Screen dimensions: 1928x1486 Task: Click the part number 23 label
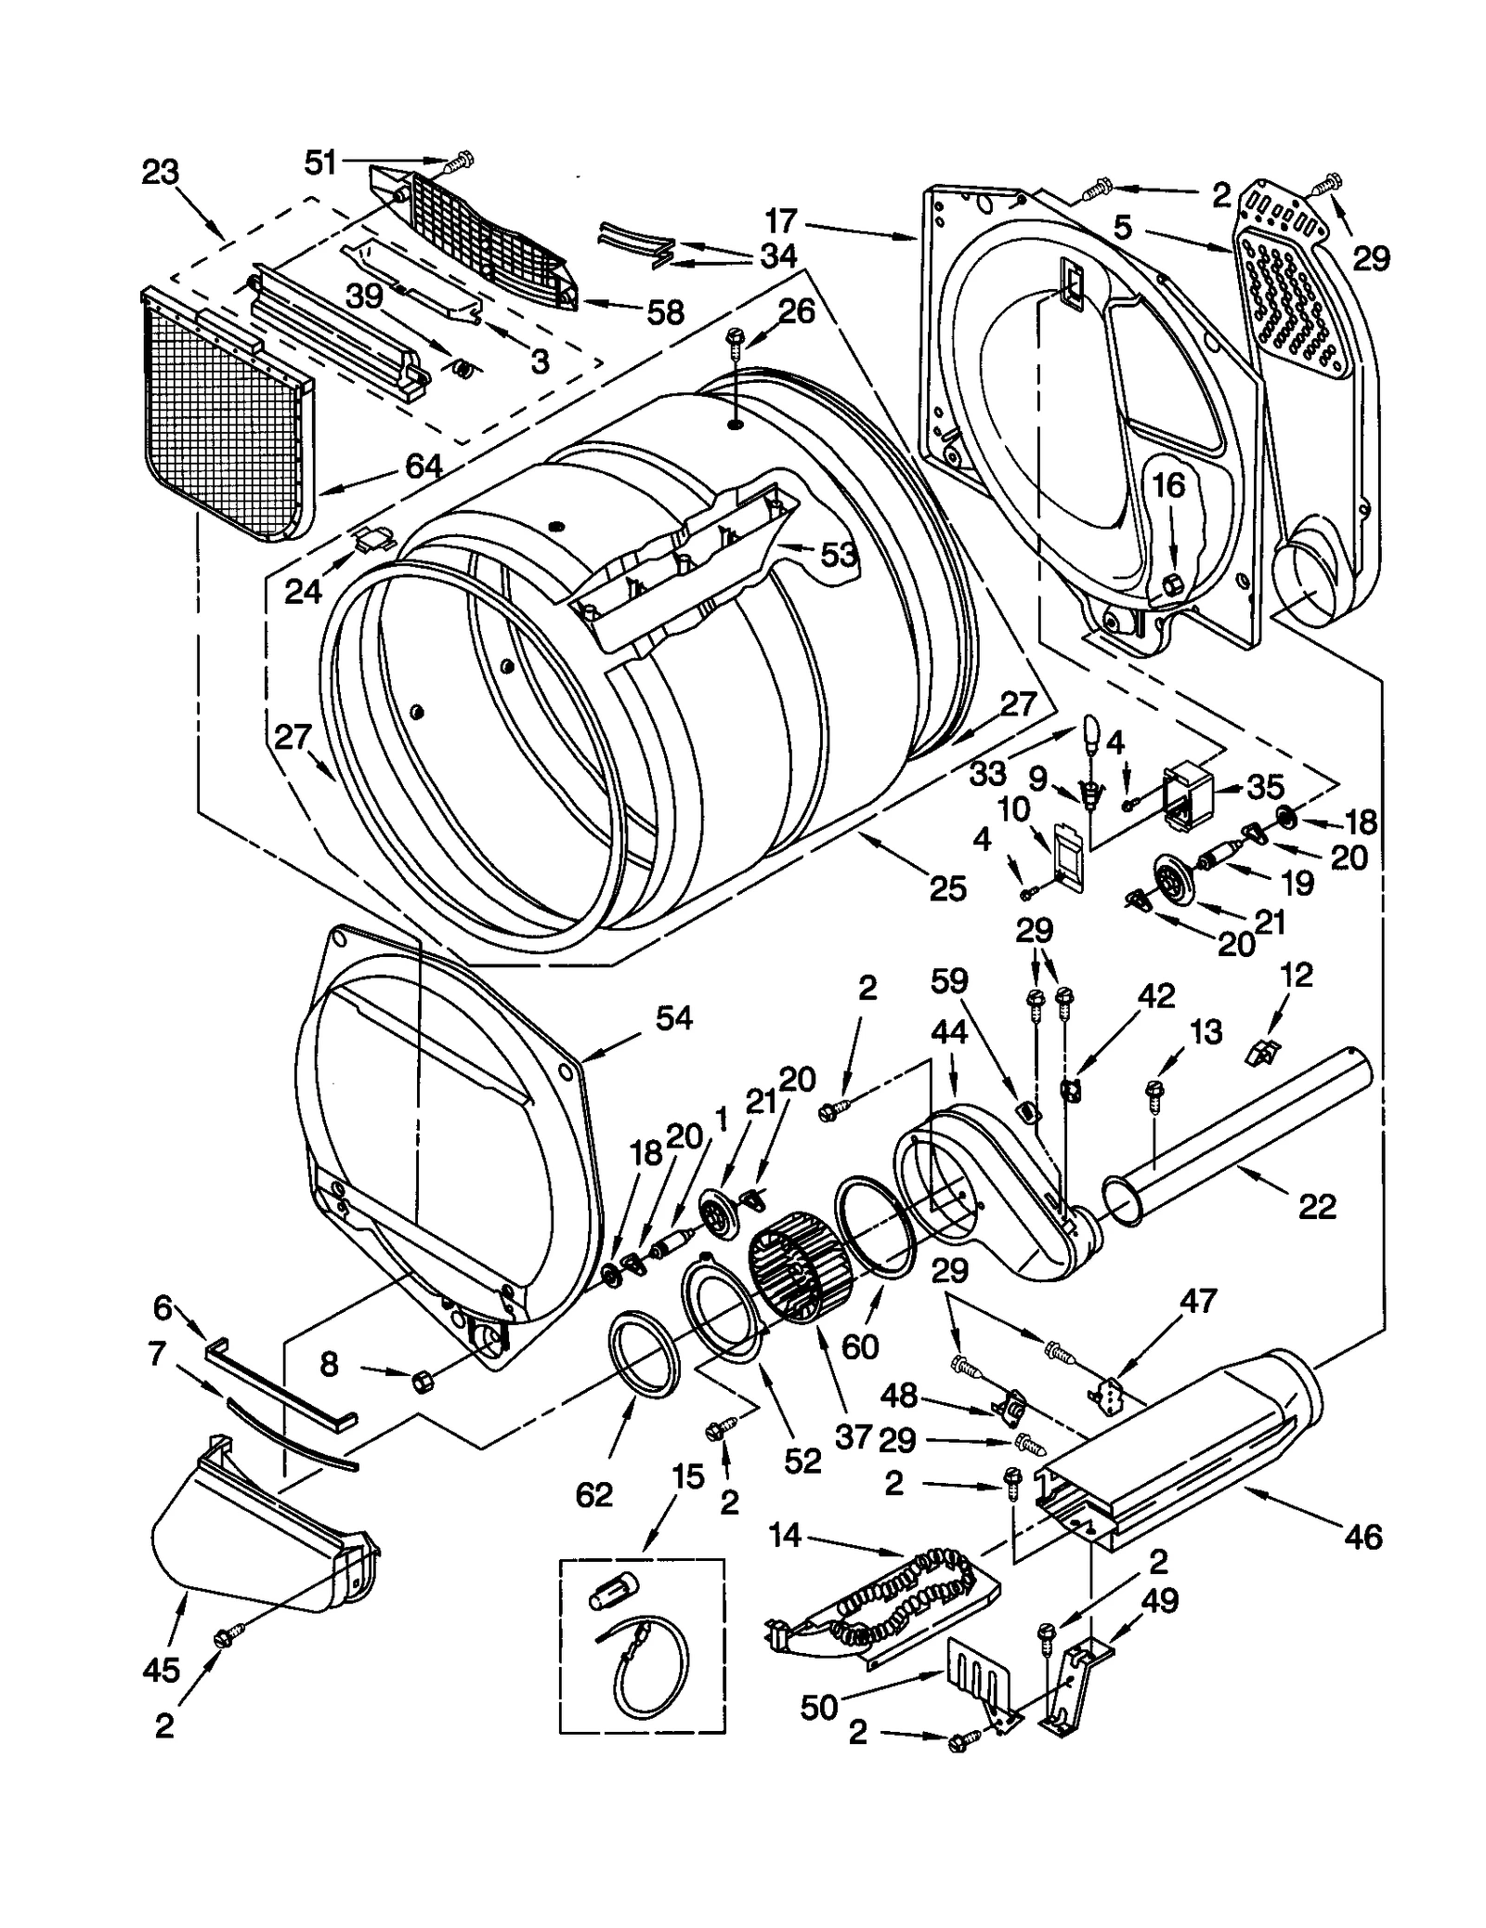click(160, 172)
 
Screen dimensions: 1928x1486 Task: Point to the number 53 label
click(838, 556)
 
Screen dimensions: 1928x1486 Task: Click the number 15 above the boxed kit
click(687, 1477)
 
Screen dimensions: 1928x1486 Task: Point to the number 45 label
click(161, 1670)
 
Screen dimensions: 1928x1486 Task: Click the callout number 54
click(674, 1017)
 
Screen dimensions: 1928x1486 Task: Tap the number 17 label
click(781, 221)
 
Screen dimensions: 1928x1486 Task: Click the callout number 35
click(1264, 786)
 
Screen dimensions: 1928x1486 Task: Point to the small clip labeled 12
click(1260, 1053)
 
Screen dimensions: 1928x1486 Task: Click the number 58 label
click(665, 312)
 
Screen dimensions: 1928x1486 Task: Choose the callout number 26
click(796, 310)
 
